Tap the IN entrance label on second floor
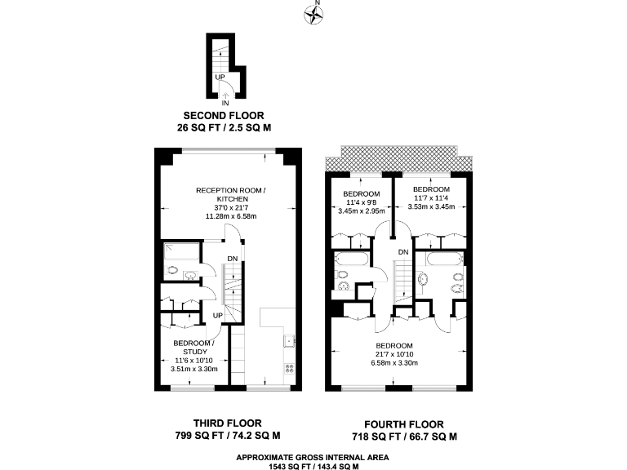pyautogui.click(x=225, y=103)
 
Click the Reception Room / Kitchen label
pyautogui.click(x=231, y=194)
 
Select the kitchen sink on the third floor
pyautogui.click(x=288, y=340)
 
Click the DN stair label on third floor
pyautogui.click(x=233, y=259)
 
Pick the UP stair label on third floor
pyautogui.click(x=218, y=315)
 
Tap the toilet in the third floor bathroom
pyautogui.click(x=172, y=270)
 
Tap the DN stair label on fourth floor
pyautogui.click(x=403, y=252)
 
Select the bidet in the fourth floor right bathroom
pyautogui.click(x=458, y=288)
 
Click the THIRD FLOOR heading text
pyautogui.click(x=228, y=423)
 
